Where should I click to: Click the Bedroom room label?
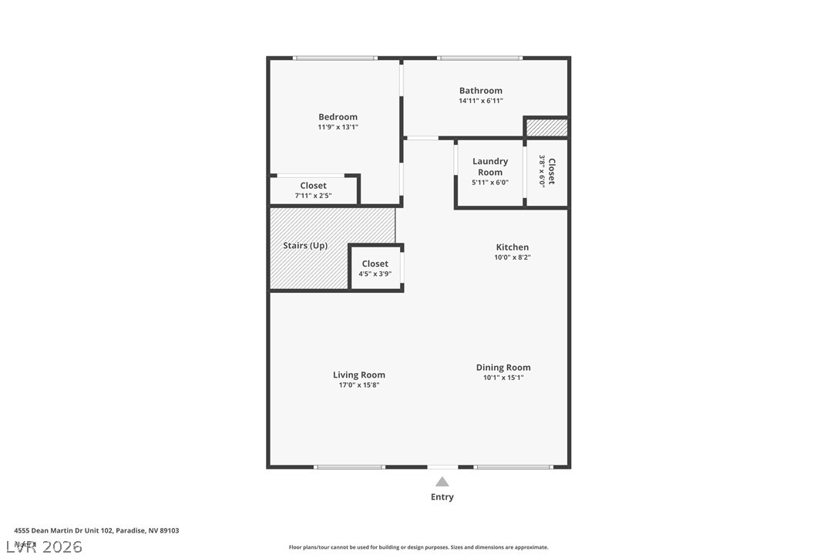pos(338,117)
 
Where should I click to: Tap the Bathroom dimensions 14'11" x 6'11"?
pos(481,101)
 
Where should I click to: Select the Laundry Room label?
pos(490,166)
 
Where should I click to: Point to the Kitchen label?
pos(513,247)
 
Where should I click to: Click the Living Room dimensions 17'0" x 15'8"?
pos(359,385)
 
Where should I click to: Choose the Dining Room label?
pos(503,368)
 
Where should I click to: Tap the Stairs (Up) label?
pos(305,246)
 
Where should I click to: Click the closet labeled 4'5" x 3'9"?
pos(375,268)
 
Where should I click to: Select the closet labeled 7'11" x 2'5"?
pos(313,190)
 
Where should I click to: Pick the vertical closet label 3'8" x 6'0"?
pos(546,171)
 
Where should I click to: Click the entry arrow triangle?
pos(442,482)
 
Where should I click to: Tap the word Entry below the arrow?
pos(442,497)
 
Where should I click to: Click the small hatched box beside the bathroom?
pos(546,127)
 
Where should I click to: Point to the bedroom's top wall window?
pos(335,58)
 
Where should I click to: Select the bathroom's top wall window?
pos(479,58)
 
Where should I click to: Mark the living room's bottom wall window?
pos(349,466)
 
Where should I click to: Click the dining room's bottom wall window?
pos(513,466)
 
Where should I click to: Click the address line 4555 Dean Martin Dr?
pos(96,530)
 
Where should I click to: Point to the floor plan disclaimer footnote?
pos(418,547)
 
